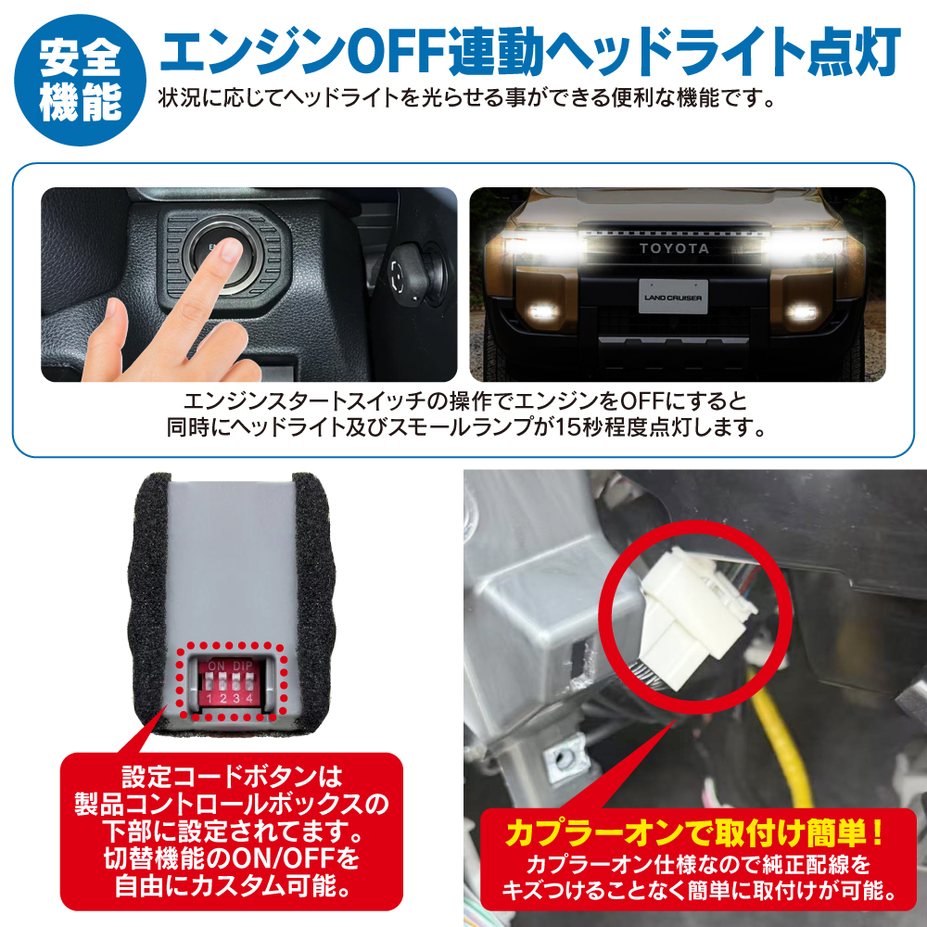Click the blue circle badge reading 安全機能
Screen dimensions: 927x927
point(80,80)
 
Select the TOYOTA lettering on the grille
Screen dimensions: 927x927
point(673,248)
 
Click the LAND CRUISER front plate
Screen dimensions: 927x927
point(673,297)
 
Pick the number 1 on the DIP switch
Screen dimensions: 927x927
point(210,699)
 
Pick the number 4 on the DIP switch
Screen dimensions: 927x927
point(249,699)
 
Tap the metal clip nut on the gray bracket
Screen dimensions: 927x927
point(561,758)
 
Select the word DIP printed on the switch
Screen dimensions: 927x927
point(243,666)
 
